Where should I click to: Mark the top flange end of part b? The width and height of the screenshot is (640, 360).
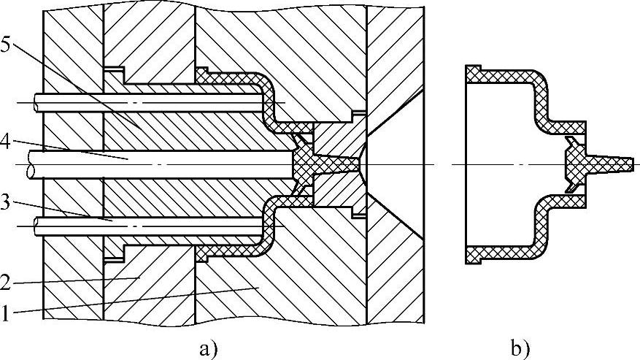click(474, 72)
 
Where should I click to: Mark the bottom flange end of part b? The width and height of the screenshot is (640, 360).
click(474, 255)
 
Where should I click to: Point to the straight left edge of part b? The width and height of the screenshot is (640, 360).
click(466, 164)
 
